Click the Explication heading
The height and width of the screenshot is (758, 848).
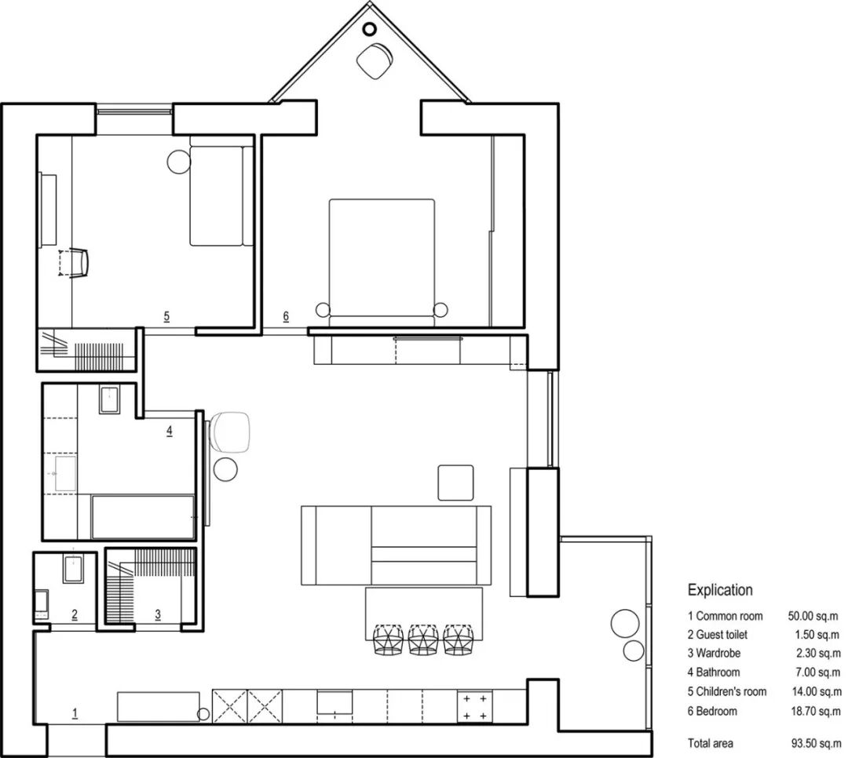720,590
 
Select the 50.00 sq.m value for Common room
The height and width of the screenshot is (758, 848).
813,616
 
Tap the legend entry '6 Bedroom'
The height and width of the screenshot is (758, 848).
712,711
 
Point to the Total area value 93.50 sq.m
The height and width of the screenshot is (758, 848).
816,743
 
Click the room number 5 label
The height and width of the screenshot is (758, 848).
166,316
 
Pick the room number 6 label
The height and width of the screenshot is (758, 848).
286,316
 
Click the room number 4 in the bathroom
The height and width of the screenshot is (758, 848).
170,431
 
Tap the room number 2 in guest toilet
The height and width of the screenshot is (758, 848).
75,614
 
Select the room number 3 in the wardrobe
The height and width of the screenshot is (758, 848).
158,614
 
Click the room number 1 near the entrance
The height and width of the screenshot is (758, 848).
75,713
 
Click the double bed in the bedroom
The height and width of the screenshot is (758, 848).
382,263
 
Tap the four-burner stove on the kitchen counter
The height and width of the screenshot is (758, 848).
475,707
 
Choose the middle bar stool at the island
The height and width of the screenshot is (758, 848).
424,640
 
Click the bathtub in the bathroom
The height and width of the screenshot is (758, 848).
144,517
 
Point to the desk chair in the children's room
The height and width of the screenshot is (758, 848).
75,264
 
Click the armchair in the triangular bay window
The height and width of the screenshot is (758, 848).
375,61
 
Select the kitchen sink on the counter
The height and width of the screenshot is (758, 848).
334,702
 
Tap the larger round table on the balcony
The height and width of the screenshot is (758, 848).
625,623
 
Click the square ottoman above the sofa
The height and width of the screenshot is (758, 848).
455,483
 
